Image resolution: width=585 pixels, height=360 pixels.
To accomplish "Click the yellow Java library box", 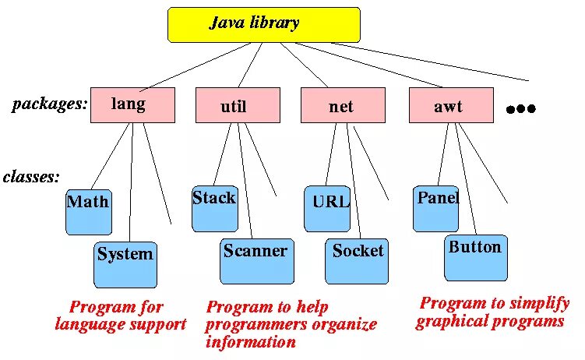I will click(264, 24).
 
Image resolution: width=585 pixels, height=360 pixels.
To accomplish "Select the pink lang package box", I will click(132, 105).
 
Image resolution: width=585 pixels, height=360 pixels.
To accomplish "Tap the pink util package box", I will click(238, 105).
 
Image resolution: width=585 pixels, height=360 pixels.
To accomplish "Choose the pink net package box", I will click(343, 105).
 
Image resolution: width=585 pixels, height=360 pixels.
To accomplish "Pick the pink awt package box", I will click(451, 105).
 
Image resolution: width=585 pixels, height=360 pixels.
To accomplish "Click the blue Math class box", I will click(89, 212).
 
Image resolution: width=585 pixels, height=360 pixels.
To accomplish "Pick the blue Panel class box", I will click(435, 208).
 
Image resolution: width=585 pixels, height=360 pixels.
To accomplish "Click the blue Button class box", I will click(476, 257).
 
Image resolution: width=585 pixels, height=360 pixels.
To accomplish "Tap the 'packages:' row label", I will click(50, 104).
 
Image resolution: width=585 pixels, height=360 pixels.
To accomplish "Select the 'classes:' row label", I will click(31, 177).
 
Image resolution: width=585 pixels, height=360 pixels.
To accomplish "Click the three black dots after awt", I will click(521, 109).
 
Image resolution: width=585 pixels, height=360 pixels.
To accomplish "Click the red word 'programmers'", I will click(253, 324).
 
